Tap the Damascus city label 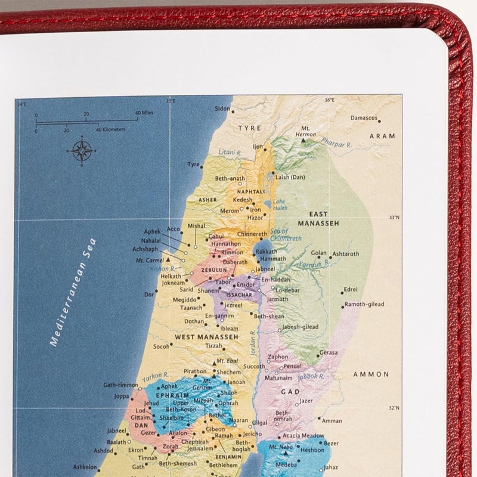364,118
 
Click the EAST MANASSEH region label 323,218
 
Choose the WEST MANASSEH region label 197,337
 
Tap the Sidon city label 222,109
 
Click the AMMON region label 371,374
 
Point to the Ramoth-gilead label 368,305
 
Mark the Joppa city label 122,395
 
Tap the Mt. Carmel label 149,261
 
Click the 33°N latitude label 394,218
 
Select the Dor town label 150,295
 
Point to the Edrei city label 351,290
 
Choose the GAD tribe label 290,392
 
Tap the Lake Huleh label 280,205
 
